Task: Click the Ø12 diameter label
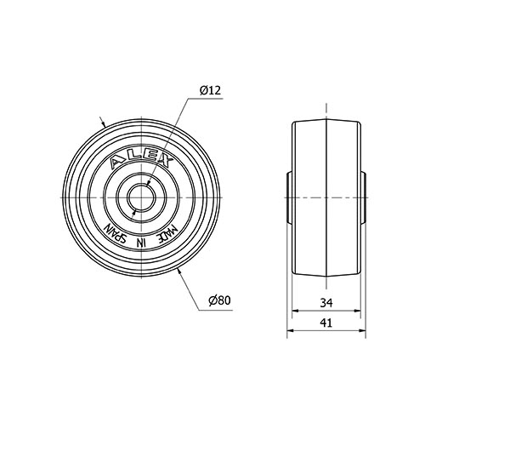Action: tap(211, 90)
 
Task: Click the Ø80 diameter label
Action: tap(219, 300)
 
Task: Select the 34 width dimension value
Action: tap(326, 303)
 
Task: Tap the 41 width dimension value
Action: tap(326, 323)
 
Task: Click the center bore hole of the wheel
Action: tap(141, 197)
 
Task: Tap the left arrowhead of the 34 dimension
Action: tap(295, 311)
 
